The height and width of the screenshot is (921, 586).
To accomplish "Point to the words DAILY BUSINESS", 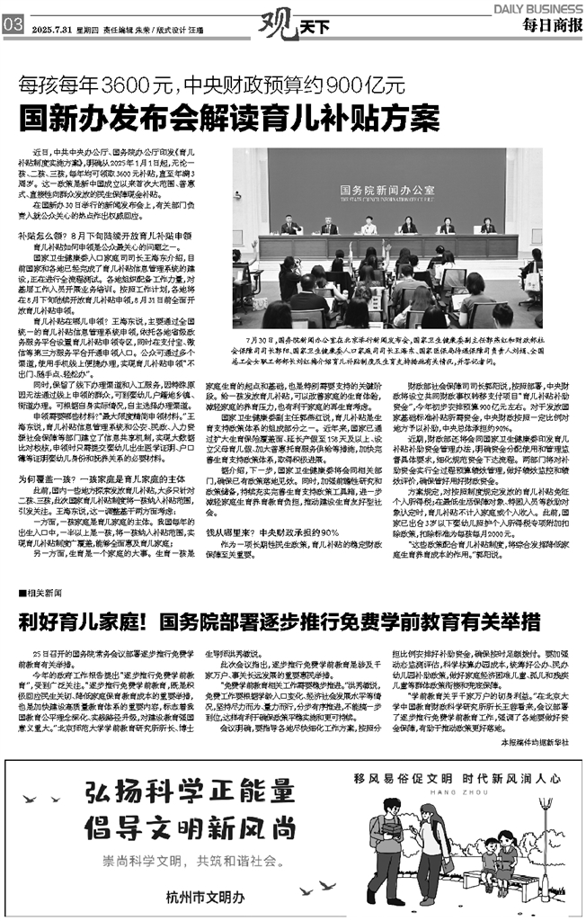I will [537, 7].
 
